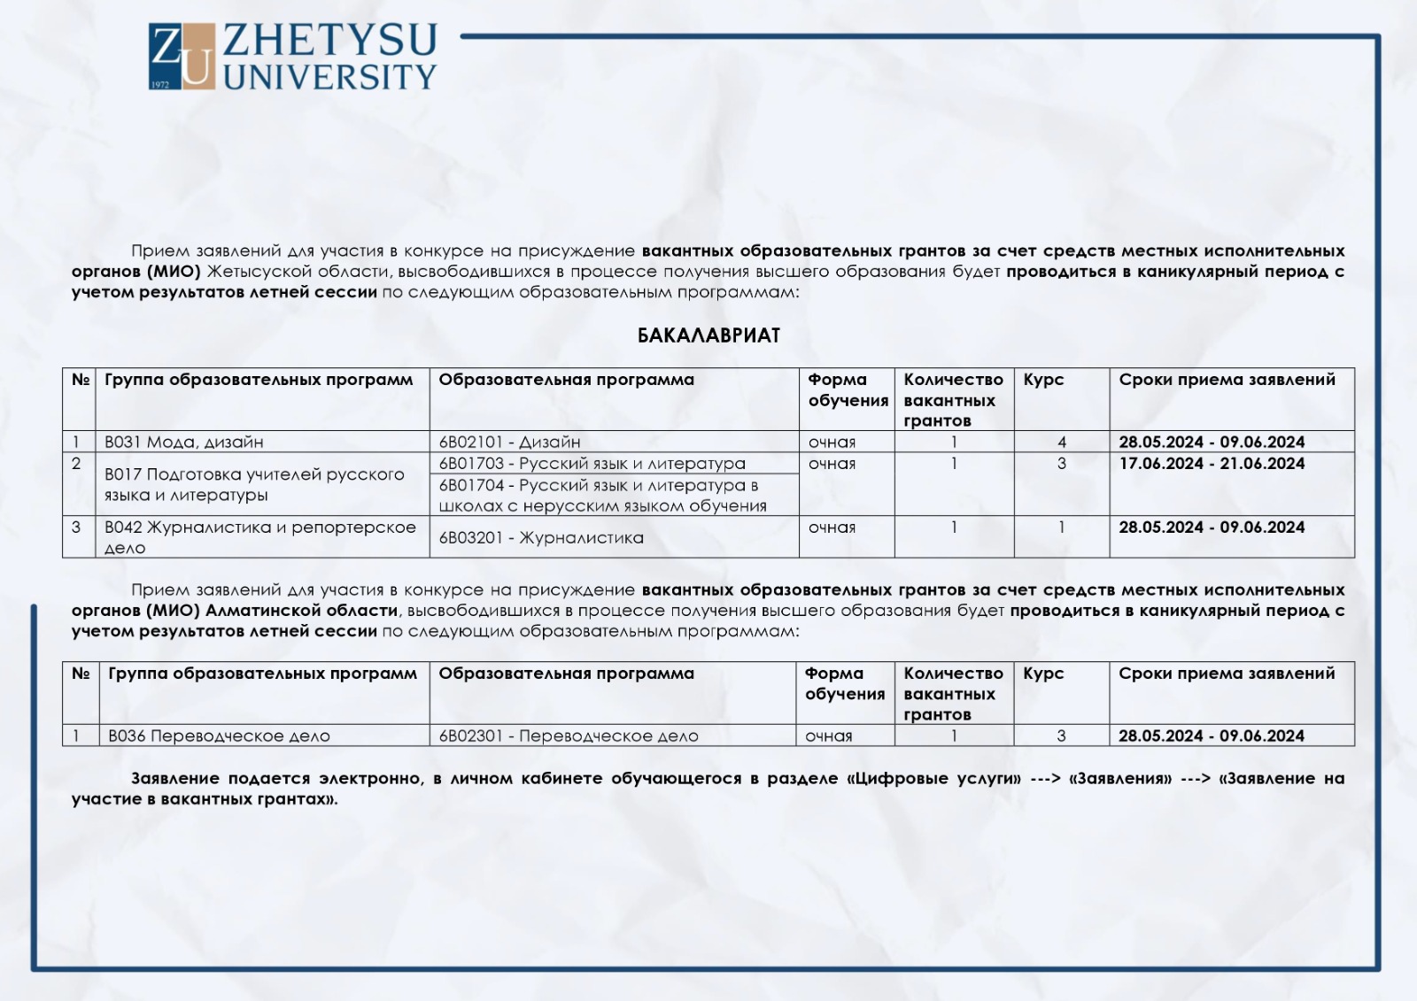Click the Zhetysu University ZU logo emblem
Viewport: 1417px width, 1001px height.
182,57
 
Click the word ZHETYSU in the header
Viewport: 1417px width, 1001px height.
330,41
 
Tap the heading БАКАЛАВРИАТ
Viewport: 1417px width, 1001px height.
708,335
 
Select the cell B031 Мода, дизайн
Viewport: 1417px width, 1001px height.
183,442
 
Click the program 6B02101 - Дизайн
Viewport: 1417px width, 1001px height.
509,442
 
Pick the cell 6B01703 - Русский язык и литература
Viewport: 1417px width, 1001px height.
592,463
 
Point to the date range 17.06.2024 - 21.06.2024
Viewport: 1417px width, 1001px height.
1212,463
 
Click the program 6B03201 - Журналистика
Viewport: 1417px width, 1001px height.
541,537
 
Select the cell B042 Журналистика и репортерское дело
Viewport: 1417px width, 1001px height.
259,537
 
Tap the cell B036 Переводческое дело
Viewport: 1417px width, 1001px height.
219,735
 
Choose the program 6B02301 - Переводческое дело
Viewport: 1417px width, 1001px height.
569,735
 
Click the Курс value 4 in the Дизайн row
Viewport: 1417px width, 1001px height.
1062,442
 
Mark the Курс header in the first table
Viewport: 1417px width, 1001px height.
1043,380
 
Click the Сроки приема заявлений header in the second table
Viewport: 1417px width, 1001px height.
1227,674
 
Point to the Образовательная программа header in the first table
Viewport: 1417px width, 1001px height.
566,380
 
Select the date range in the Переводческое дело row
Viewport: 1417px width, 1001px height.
1211,735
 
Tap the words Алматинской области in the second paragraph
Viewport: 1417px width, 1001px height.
301,611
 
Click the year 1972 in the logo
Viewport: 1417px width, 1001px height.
160,84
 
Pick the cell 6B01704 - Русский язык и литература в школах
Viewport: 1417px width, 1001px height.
602,496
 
